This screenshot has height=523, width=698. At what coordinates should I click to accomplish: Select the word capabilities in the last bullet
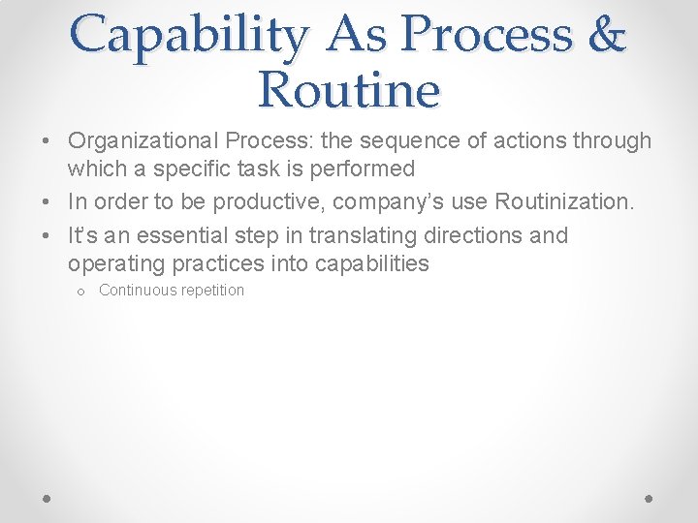pyautogui.click(x=372, y=263)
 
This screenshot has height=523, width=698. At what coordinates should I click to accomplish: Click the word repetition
pyautogui.click(x=212, y=291)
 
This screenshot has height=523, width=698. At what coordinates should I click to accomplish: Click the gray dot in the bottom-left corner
pyautogui.click(x=48, y=498)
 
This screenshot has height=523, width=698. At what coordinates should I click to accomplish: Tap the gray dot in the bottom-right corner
pyautogui.click(x=650, y=498)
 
